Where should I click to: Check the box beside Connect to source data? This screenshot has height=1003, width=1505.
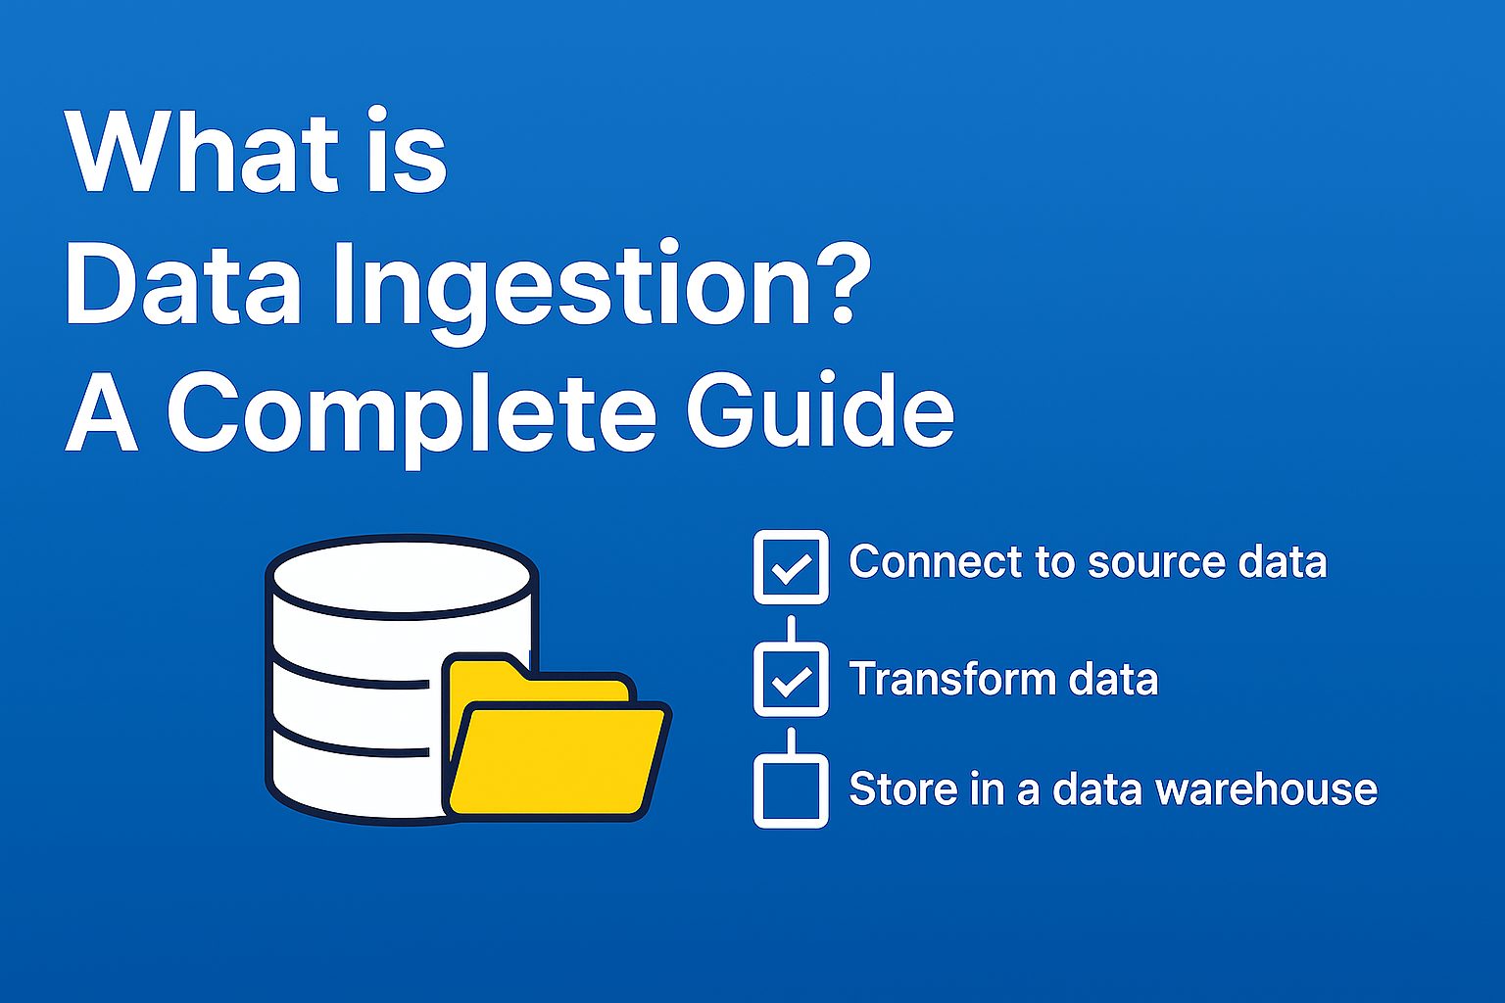[x=791, y=567]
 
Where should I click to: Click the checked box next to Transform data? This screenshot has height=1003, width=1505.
[x=791, y=679]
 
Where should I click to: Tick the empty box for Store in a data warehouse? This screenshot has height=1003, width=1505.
[x=791, y=790]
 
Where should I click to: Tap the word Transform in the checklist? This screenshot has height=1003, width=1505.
[x=948, y=679]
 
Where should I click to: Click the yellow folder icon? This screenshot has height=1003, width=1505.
[x=557, y=754]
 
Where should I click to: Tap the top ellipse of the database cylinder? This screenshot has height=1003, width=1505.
[x=402, y=577]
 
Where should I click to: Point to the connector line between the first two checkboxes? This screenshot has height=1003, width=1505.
[x=791, y=628]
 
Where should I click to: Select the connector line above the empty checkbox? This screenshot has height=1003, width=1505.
[x=791, y=740]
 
